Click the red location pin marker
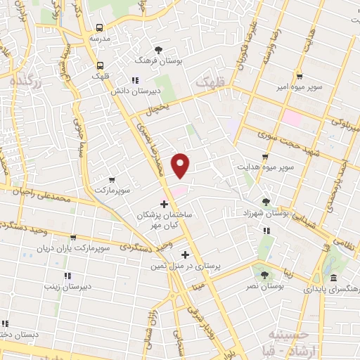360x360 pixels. click(x=182, y=165)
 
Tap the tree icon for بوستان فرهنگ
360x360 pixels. click(x=158, y=49)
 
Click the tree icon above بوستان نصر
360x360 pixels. click(x=264, y=275)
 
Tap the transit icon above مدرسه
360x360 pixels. click(x=99, y=27)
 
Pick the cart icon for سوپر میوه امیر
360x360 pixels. click(x=300, y=76)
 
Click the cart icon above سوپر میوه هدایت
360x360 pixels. click(x=264, y=157)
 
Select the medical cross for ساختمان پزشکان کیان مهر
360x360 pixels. click(x=164, y=204)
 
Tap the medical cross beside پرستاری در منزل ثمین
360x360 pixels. click(x=186, y=255)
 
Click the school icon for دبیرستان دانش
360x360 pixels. click(x=135, y=79)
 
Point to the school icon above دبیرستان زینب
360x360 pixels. click(x=67, y=275)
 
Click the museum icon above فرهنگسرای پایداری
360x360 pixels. click(x=331, y=278)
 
